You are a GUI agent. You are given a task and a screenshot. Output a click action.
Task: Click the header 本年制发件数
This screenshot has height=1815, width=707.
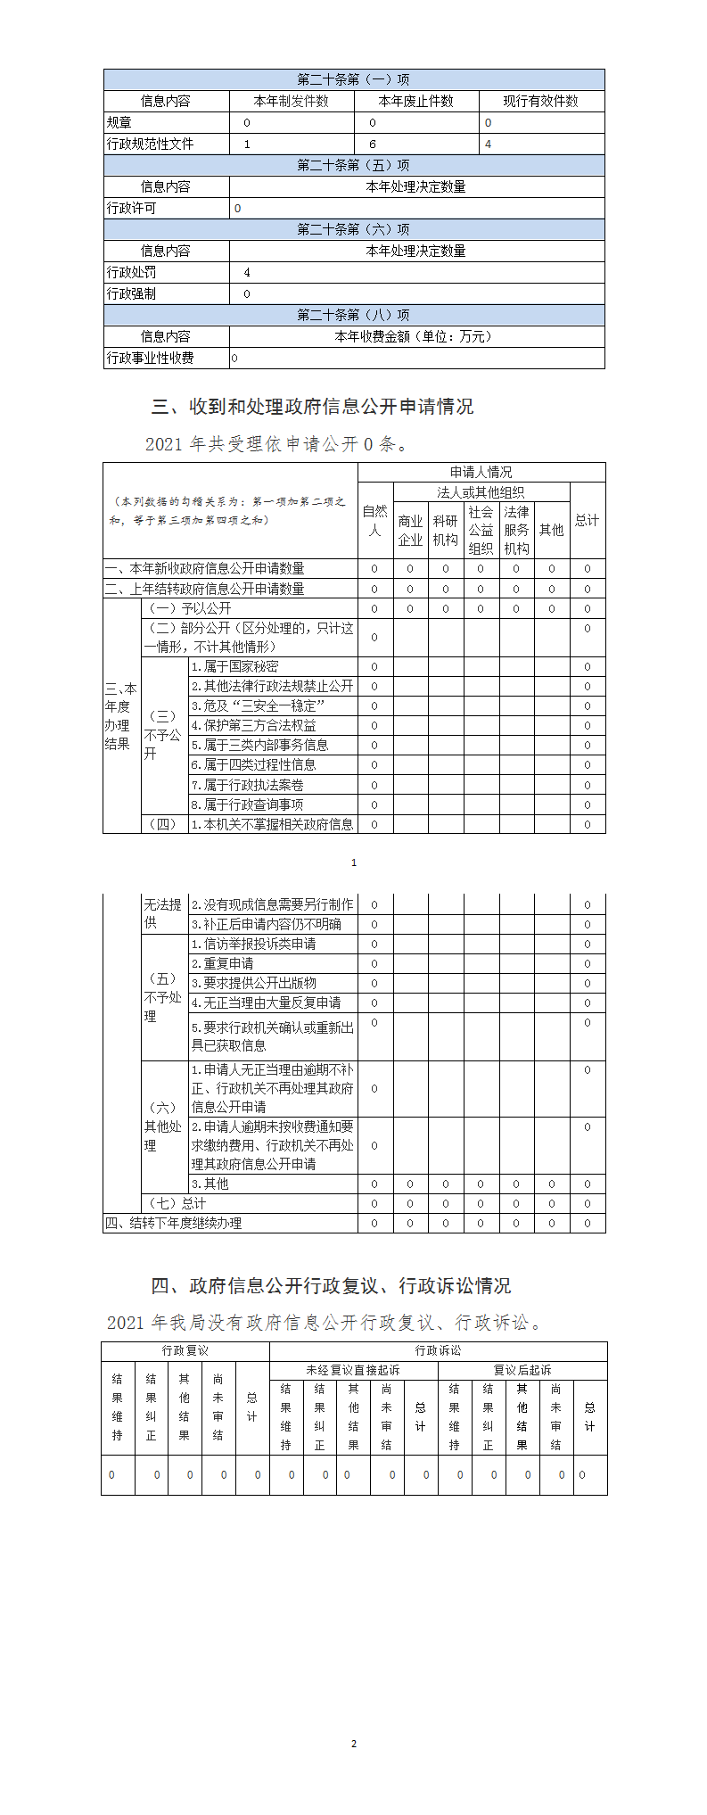[292, 102]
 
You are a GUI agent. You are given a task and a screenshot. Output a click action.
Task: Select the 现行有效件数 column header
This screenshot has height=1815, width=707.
[540, 102]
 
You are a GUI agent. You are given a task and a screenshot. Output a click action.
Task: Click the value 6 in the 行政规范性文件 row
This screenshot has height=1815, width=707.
[373, 144]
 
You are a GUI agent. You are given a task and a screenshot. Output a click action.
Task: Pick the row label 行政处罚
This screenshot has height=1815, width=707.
[131, 273]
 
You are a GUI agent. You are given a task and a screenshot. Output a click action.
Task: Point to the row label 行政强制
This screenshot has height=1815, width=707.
[131, 294]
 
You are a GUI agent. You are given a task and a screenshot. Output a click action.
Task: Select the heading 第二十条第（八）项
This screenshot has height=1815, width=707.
[353, 316]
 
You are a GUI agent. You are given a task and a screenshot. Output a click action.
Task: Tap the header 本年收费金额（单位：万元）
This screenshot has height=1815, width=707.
[415, 337]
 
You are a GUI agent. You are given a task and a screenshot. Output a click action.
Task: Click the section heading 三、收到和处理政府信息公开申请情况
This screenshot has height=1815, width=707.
[313, 408]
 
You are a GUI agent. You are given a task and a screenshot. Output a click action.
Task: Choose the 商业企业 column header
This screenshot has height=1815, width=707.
[410, 531]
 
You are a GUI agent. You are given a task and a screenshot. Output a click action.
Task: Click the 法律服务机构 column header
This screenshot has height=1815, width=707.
[516, 531]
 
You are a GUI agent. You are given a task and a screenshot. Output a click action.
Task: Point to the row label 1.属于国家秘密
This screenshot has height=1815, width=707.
[235, 667]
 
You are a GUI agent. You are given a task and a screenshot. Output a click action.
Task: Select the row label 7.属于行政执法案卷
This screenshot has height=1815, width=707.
[248, 786]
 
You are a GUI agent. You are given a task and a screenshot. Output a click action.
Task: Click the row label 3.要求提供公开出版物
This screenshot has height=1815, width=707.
[254, 984]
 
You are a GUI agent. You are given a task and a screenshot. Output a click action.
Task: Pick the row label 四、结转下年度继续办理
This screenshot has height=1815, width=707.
[174, 1224]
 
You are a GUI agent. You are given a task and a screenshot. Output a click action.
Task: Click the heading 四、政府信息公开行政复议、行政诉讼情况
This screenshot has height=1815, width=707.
[331, 1286]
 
